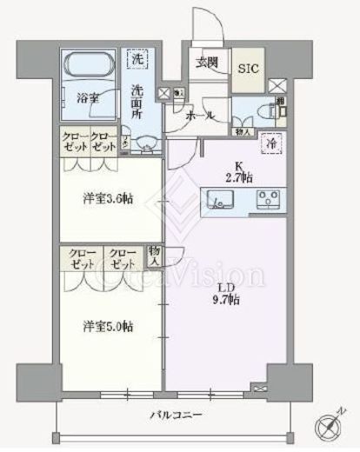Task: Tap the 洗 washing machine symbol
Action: coord(137,60)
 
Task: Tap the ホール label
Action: coord(202,113)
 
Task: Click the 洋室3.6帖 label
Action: coord(108,198)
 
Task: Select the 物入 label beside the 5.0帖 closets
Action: coord(155,253)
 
